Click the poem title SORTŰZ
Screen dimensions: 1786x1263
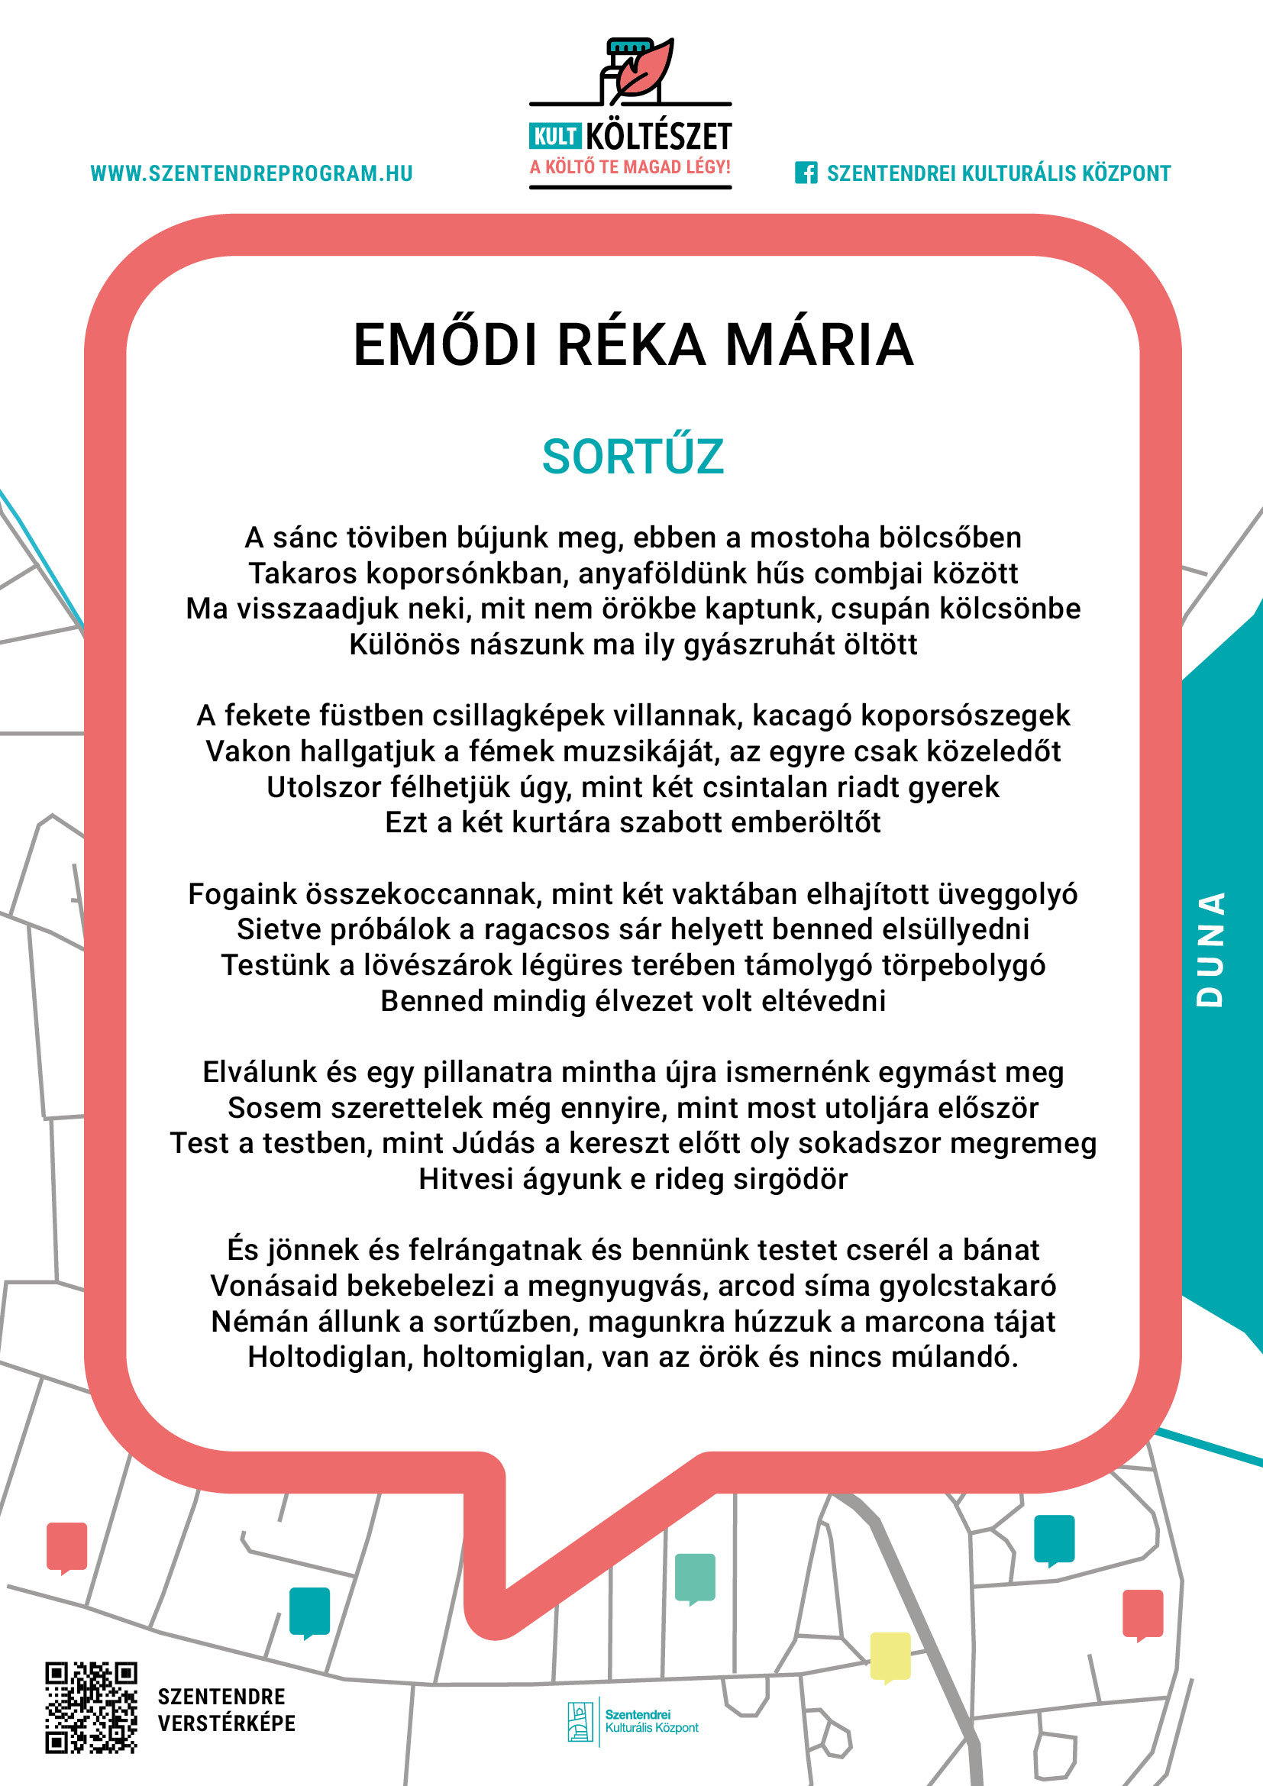pos(632,457)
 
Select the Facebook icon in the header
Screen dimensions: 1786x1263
pos(806,173)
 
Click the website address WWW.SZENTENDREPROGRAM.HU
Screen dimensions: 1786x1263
pos(251,173)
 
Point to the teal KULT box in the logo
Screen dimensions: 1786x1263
pos(554,136)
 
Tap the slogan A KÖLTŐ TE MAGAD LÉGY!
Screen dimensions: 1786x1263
pos(630,167)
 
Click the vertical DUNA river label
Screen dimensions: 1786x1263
pos(1210,949)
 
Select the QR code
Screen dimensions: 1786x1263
pos(91,1707)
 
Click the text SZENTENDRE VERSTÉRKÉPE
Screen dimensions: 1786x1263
pos(226,1710)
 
